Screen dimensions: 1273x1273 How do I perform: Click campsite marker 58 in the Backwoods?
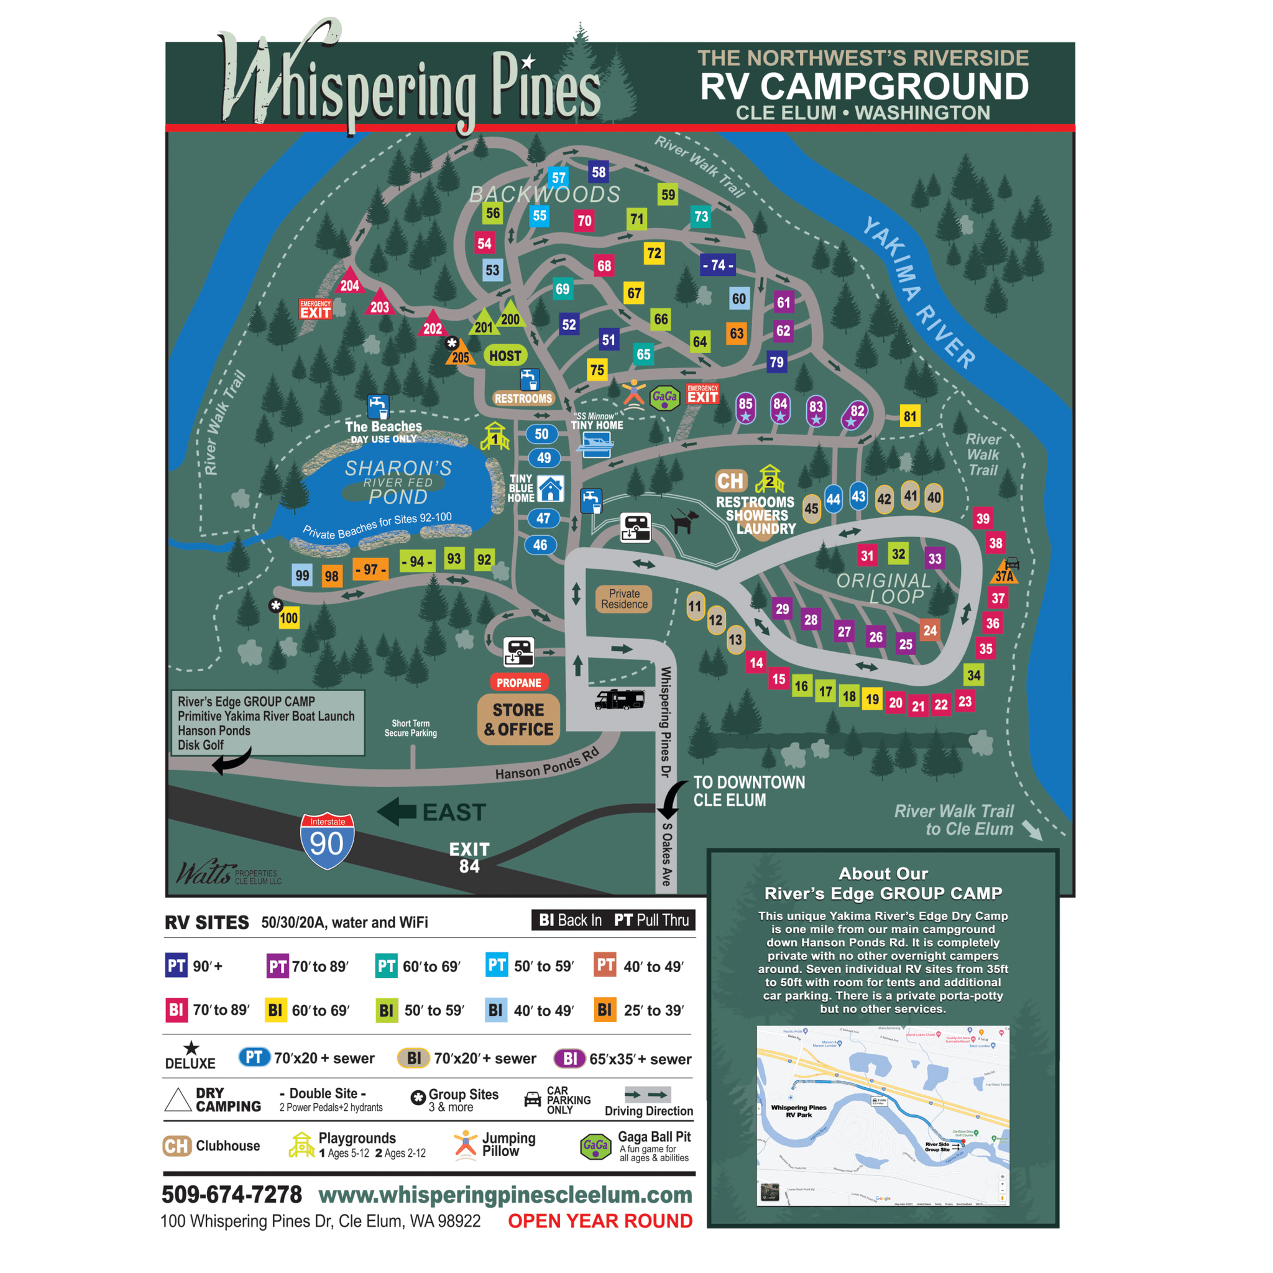(x=599, y=172)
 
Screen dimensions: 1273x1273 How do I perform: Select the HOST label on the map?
(x=505, y=356)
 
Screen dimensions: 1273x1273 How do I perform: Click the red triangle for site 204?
(x=349, y=283)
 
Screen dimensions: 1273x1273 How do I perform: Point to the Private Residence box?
(x=624, y=599)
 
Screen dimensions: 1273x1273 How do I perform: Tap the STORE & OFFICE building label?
(x=518, y=720)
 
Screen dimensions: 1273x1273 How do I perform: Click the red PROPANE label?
(x=518, y=682)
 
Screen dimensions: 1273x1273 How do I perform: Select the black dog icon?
(x=684, y=520)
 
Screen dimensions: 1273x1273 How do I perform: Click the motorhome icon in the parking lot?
(x=618, y=699)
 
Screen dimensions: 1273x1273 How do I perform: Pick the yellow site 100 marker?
(x=288, y=618)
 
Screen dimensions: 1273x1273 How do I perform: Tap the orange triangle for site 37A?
(x=1004, y=573)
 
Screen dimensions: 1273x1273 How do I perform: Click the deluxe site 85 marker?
(x=745, y=408)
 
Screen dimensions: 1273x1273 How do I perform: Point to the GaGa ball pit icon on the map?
(x=664, y=397)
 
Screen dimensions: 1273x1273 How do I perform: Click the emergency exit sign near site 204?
(x=315, y=309)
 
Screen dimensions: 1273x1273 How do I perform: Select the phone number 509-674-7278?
(x=232, y=1194)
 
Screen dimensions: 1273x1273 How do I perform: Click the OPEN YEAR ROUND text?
(x=600, y=1221)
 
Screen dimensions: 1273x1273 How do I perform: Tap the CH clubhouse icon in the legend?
(x=177, y=1146)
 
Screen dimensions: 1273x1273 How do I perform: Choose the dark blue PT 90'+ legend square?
(x=176, y=966)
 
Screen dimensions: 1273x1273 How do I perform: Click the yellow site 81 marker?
(x=910, y=416)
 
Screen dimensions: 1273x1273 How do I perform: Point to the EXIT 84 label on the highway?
(x=469, y=857)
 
